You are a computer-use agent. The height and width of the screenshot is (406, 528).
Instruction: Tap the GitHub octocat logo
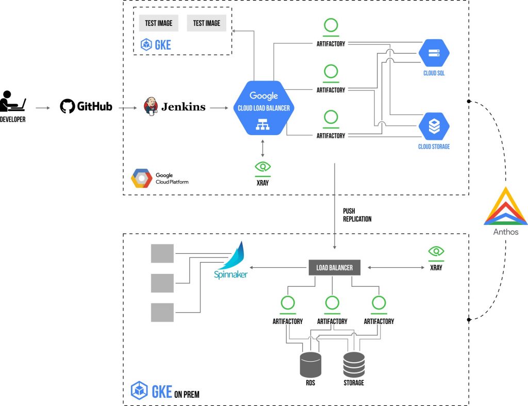[x=67, y=107]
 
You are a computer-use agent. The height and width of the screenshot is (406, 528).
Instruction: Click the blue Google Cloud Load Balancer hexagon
[x=263, y=107]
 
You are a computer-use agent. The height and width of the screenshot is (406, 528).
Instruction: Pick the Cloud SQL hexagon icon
[x=434, y=53]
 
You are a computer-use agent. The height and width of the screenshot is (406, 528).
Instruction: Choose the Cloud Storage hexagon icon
[x=434, y=127]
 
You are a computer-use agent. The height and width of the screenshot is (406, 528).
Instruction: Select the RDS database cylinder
[x=310, y=364]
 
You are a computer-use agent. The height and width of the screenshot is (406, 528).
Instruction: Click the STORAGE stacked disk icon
[x=354, y=364]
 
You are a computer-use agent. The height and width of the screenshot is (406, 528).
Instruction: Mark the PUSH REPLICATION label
[x=357, y=215]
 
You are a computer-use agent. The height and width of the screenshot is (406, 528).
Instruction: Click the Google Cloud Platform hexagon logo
[x=141, y=178]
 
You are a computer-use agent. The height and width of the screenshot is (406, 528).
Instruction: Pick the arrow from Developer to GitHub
[x=43, y=107]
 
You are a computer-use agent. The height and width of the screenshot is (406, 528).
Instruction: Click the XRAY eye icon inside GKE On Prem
[x=436, y=252]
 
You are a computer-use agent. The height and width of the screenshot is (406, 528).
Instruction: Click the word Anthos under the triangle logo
[x=506, y=232]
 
